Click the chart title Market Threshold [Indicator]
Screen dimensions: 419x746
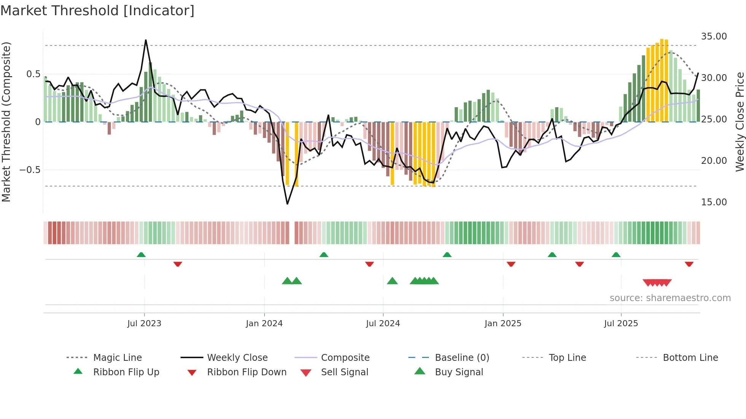coord(97,11)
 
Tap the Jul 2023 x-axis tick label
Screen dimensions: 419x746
coord(144,324)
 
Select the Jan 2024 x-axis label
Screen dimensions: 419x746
coord(264,324)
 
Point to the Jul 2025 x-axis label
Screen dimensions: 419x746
coord(621,324)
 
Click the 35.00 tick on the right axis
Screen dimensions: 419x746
coord(714,37)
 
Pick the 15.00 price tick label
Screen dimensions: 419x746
coord(714,202)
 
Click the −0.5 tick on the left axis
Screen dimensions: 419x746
coord(30,170)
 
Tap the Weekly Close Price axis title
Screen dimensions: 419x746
coord(740,122)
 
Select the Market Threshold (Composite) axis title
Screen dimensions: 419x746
coord(6,122)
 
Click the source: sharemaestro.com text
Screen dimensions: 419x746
coord(670,298)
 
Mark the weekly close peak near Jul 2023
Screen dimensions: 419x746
coord(146,40)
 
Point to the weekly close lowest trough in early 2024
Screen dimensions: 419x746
coord(287,204)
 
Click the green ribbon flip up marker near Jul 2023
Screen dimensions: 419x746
coord(141,254)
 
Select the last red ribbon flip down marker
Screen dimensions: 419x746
coord(689,264)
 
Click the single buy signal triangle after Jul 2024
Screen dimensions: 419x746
coord(392,281)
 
